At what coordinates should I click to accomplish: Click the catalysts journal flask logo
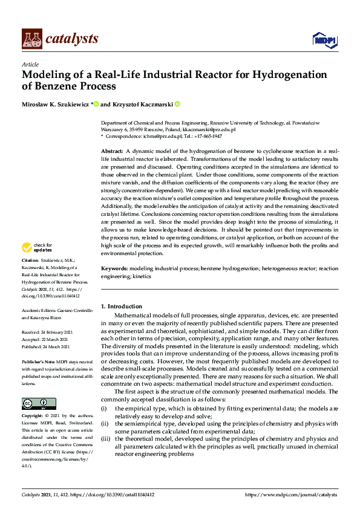[32, 39]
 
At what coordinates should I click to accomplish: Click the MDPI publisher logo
[324, 39]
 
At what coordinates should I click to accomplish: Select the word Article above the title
[30, 64]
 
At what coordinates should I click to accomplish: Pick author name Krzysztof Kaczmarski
[142, 104]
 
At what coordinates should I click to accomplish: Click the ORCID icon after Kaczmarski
[178, 104]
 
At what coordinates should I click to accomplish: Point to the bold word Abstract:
[112, 151]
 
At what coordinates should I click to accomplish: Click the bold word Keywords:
[114, 267]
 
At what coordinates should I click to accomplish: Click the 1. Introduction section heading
[122, 306]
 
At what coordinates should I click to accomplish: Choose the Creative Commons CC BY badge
[39, 403]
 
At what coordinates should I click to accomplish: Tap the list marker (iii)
[105, 439]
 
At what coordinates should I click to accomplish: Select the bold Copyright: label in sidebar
[33, 417]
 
